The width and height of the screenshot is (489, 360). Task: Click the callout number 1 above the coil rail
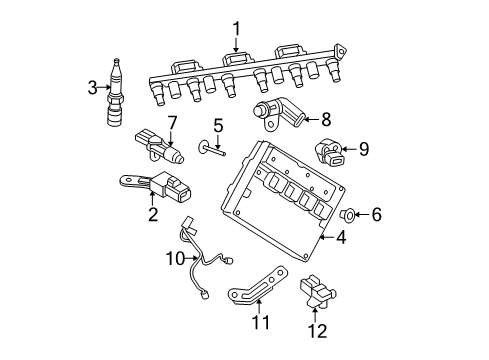(237, 28)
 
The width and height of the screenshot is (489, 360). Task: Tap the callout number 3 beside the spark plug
(93, 88)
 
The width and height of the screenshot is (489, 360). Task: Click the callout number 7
(172, 123)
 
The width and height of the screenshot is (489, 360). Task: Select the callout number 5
(216, 127)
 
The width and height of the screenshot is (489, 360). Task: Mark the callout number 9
(364, 149)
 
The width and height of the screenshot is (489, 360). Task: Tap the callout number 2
(153, 214)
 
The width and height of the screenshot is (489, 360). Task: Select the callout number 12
(317, 329)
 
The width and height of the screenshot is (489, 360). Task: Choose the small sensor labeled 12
(319, 290)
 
